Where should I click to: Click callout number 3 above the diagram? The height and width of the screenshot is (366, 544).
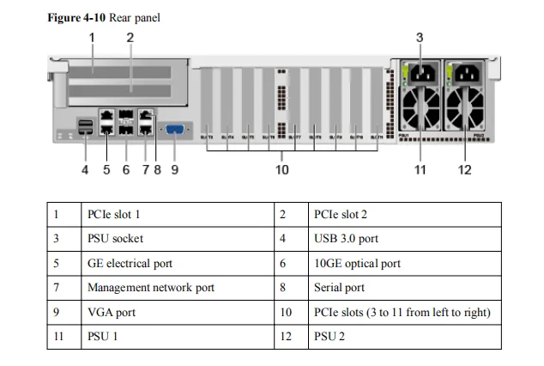420,37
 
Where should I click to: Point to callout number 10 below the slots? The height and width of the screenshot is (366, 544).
282,169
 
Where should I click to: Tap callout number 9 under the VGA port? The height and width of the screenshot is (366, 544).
175,169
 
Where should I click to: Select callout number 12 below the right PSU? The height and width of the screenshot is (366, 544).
464,169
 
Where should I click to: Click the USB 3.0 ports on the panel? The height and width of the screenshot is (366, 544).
86,129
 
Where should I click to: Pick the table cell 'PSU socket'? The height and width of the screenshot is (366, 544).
115,239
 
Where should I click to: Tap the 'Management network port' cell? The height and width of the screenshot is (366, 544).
151,288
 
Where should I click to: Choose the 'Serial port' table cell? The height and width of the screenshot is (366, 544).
340,288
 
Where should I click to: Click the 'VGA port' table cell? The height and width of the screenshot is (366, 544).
112,313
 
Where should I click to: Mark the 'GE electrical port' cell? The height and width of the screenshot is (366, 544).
130,264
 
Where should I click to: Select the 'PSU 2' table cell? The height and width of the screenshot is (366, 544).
330,337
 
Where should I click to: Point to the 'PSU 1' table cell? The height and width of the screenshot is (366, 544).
103,337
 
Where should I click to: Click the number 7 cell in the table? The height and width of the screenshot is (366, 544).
57,288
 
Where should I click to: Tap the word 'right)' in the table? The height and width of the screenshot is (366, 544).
474,313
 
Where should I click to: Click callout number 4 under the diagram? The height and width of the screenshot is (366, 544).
85,169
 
